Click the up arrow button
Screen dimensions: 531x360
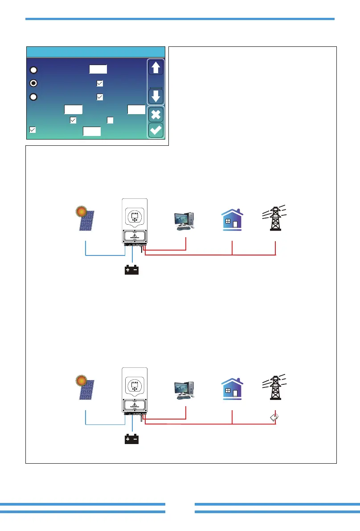click(156, 68)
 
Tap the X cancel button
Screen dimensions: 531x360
click(156, 114)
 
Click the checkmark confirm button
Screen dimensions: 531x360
click(156, 131)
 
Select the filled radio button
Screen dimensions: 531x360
click(33, 83)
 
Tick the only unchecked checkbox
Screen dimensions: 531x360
click(110, 120)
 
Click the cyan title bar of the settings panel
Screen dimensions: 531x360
click(96, 52)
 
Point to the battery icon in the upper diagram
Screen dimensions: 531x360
click(132, 270)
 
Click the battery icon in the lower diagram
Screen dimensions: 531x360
click(132, 440)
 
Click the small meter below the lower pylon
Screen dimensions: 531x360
click(275, 418)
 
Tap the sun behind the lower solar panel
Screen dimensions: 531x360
click(81, 380)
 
